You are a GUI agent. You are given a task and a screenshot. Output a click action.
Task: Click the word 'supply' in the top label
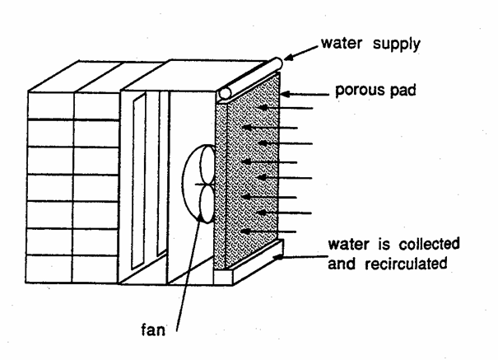[x=398, y=44]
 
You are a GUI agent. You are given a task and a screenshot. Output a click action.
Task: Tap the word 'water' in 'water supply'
[x=346, y=44]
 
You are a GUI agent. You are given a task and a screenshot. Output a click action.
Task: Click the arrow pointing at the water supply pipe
[x=304, y=57]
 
